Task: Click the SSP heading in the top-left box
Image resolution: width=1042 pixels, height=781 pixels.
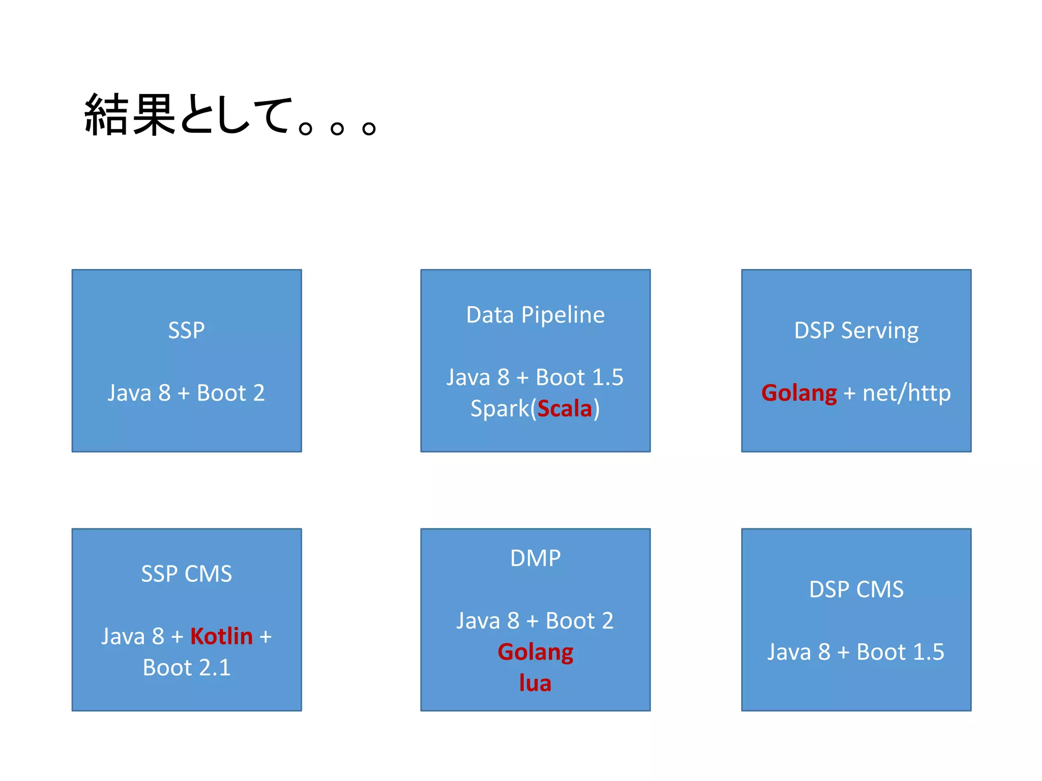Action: (x=186, y=331)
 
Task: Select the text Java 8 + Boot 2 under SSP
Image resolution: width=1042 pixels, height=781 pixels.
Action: (x=186, y=393)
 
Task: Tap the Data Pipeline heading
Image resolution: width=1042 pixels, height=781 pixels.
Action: (x=535, y=315)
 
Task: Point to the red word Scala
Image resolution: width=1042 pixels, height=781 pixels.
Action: (x=565, y=408)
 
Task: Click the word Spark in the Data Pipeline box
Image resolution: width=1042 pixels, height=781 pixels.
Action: (x=500, y=408)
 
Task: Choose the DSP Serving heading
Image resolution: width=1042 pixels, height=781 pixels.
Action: (x=856, y=331)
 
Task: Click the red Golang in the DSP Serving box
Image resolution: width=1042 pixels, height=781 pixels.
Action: (x=799, y=393)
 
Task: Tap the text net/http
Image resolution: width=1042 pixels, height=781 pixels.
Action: (x=906, y=393)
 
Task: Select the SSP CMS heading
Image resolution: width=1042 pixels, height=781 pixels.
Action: (x=186, y=574)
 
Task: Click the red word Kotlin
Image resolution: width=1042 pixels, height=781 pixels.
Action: (x=221, y=636)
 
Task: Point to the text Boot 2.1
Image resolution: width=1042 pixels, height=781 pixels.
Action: (x=186, y=668)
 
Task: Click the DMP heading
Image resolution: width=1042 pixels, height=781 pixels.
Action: (x=535, y=558)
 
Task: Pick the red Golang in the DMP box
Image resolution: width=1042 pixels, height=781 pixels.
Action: (x=535, y=652)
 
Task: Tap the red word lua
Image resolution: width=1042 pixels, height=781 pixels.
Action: (x=535, y=683)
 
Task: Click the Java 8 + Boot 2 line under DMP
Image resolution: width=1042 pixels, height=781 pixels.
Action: (x=535, y=621)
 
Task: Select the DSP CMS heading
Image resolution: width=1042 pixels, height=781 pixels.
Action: (x=856, y=590)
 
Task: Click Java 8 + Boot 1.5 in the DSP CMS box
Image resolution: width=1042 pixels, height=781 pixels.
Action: (x=856, y=652)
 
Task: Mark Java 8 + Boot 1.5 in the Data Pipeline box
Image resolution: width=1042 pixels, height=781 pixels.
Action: (x=535, y=377)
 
